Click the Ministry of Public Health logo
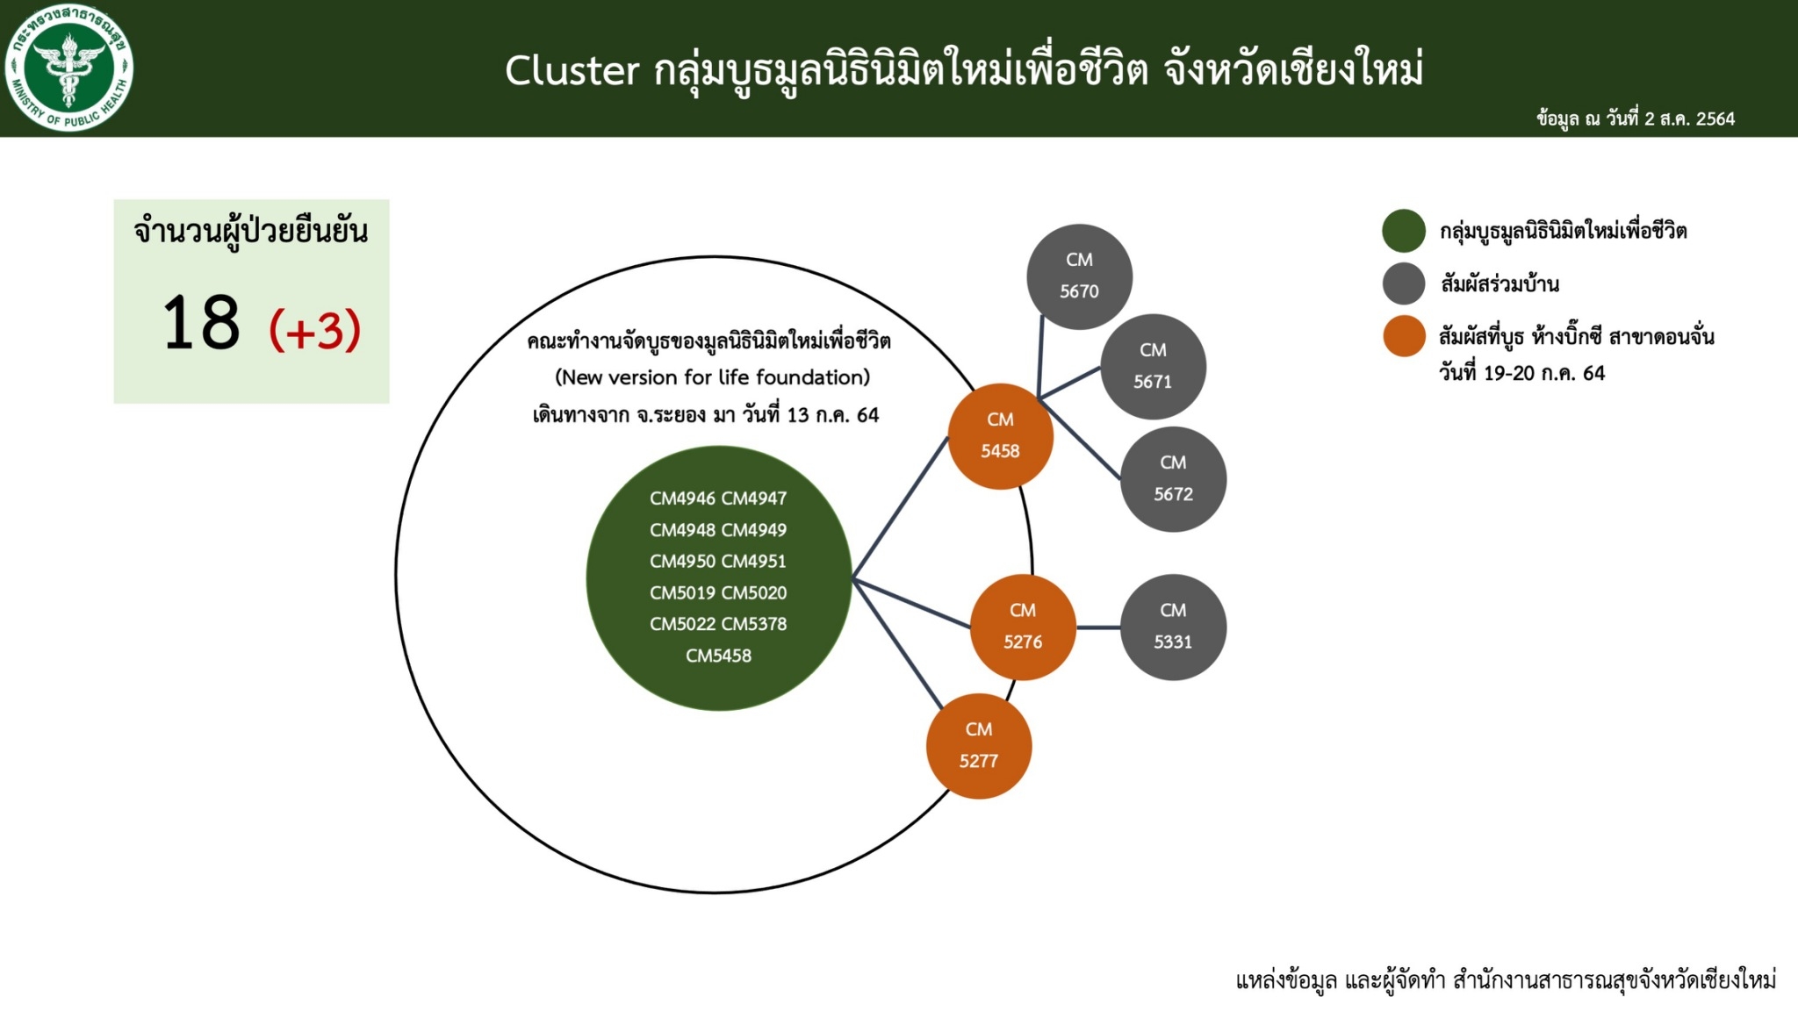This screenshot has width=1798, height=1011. (68, 68)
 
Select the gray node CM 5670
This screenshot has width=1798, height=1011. (1079, 276)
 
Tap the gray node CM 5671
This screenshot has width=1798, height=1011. (1153, 366)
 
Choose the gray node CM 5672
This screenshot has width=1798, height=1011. (1173, 478)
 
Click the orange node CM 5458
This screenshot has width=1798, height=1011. (1000, 435)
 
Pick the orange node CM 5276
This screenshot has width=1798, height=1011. (1023, 627)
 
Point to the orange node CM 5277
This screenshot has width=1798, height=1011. (978, 746)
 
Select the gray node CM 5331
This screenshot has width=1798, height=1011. (1173, 627)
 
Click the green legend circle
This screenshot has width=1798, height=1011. (1403, 231)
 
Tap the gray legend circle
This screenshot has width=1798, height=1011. (1403, 283)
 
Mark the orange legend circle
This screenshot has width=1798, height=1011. (1403, 336)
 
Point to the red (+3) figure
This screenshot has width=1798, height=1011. (314, 329)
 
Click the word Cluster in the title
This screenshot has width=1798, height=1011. (572, 70)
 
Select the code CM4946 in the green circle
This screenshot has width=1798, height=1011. (682, 498)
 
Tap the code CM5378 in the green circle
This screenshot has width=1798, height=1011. (754, 624)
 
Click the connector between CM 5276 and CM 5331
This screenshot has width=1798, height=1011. (1098, 627)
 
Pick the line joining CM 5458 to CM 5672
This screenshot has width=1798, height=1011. (1079, 439)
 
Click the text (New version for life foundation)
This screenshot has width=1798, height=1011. (712, 377)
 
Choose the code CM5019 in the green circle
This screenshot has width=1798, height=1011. (682, 592)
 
